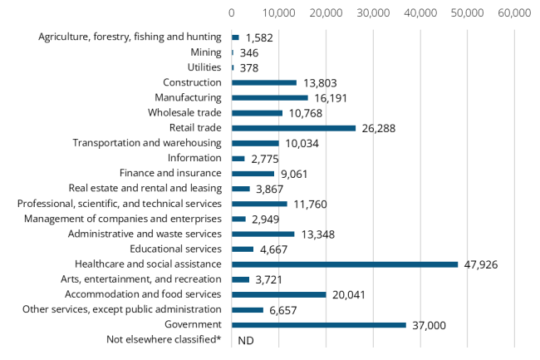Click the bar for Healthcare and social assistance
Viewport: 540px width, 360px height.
[x=344, y=264]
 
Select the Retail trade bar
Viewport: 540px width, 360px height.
[x=293, y=128]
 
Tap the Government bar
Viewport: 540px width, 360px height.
[x=318, y=325]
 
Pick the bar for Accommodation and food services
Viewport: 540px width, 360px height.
[x=278, y=294]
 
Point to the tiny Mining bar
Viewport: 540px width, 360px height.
[x=233, y=52]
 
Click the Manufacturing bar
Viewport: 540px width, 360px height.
[x=269, y=98]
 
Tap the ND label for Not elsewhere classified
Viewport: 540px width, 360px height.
[x=245, y=340]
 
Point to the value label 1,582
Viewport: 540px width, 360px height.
[x=258, y=37]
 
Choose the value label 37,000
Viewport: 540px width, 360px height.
[x=430, y=325]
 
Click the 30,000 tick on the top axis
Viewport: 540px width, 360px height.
[x=373, y=13]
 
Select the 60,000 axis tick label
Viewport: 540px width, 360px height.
[x=514, y=13]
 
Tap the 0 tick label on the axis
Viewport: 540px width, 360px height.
[x=232, y=13]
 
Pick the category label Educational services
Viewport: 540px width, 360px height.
[x=175, y=249]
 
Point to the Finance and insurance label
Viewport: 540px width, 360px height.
[x=170, y=173]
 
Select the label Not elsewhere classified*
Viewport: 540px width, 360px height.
[x=164, y=339]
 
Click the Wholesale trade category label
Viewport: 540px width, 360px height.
[x=184, y=113]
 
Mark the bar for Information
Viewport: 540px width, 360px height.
[x=238, y=158]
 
